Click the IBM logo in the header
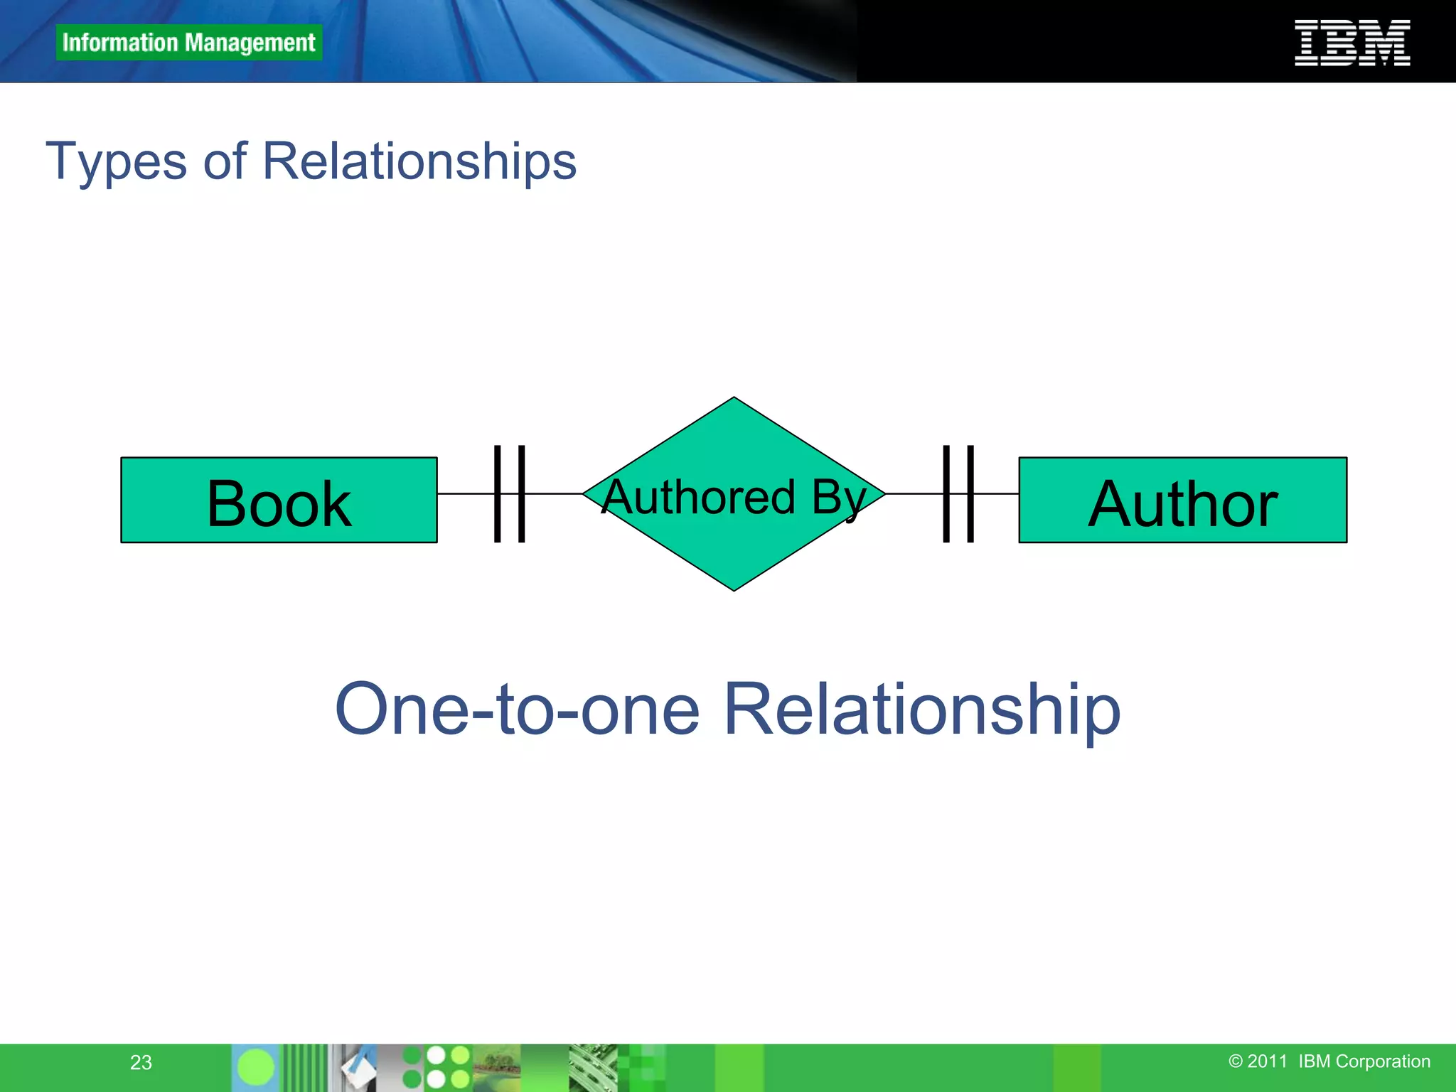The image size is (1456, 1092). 1352,43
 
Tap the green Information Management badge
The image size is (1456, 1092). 188,43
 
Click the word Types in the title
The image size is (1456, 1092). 116,162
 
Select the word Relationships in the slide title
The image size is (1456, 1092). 419,162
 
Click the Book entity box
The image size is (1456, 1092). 279,500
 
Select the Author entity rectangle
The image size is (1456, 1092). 1182,500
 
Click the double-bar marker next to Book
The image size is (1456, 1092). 509,493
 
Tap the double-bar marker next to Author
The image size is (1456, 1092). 958,493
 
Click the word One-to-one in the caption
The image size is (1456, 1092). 517,709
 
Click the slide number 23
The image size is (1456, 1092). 141,1062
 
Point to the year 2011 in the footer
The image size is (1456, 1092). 1267,1061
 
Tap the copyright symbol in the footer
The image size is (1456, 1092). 1236,1061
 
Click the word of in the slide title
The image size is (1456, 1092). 225,162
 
